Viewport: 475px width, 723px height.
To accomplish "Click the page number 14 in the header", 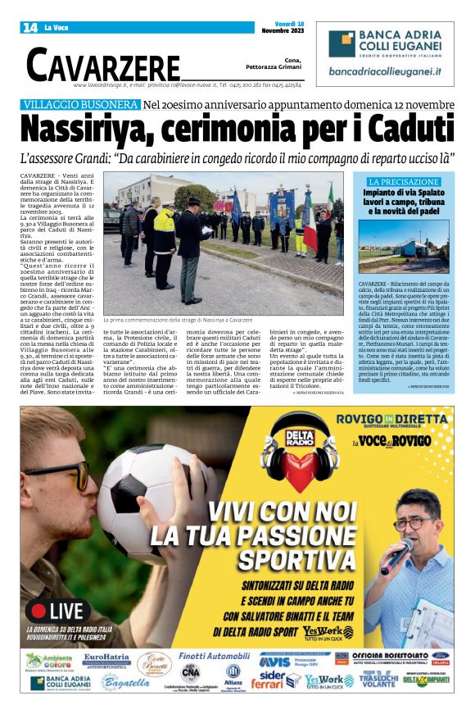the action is point(29,27).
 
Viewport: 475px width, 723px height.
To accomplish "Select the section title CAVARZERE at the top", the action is point(103,64).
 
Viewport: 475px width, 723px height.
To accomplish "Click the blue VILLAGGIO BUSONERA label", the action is point(80,106).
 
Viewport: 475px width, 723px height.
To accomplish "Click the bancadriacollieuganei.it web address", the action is point(385,72).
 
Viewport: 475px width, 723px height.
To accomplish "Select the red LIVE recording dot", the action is point(37,611).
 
